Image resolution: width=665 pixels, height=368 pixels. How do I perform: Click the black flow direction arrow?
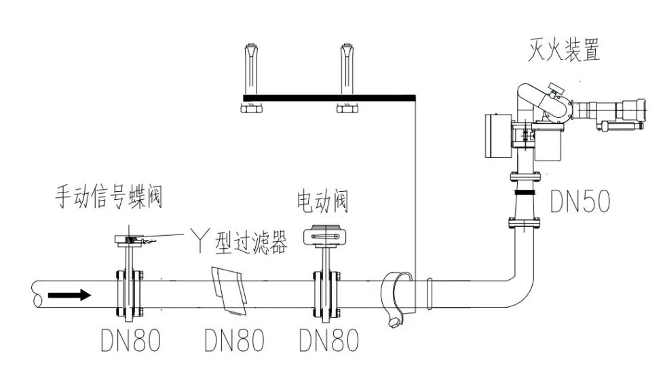point(70,295)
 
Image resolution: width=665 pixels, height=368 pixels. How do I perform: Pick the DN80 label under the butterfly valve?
point(130,341)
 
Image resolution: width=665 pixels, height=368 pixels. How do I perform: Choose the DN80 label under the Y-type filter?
point(234,341)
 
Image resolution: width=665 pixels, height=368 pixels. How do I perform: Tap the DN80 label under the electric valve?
point(329,341)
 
